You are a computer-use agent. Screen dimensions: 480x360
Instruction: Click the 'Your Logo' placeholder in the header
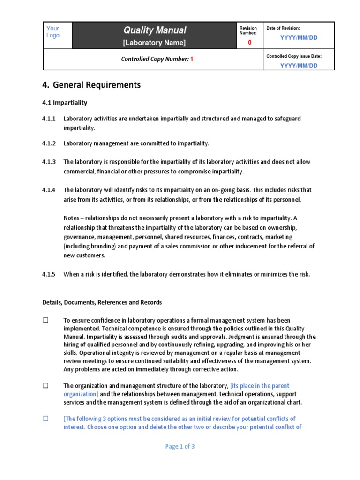tap(53, 32)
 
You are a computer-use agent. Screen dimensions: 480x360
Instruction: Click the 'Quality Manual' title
tap(155, 30)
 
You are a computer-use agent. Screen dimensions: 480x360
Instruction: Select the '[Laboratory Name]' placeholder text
tap(154, 43)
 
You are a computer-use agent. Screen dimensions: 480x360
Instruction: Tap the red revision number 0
tap(249, 43)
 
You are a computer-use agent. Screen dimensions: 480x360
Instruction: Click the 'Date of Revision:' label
tap(283, 29)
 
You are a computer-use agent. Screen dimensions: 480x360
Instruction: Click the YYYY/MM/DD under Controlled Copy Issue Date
tap(299, 66)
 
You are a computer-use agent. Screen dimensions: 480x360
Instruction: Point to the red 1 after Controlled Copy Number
tap(191, 60)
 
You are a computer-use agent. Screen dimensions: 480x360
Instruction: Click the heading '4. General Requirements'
tap(91, 85)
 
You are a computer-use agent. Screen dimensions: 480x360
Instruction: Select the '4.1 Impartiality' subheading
tap(65, 102)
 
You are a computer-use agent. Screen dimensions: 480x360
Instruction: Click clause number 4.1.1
tap(49, 119)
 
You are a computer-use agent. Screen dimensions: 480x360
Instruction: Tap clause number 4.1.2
tap(49, 143)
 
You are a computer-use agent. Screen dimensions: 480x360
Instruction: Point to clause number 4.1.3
tap(49, 162)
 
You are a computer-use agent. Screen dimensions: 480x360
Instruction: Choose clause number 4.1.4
tap(49, 190)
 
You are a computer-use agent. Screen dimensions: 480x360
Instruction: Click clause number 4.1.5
tap(49, 274)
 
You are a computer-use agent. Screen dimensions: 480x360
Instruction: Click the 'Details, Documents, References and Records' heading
tap(102, 302)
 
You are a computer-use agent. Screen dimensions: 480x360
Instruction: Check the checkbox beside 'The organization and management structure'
tap(46, 386)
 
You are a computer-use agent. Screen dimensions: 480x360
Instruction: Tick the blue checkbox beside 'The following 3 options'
tap(46, 419)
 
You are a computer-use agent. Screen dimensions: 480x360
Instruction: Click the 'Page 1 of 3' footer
tap(180, 447)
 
